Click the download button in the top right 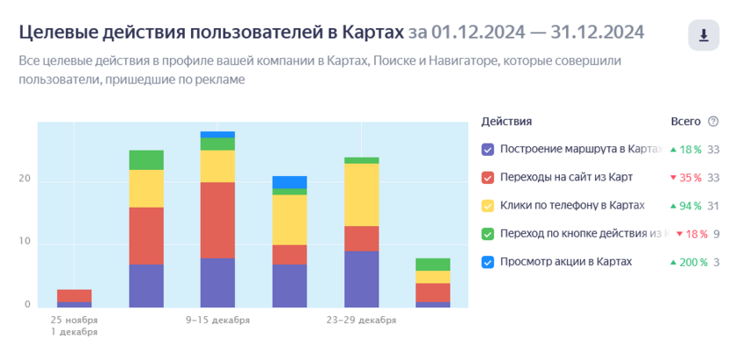pos(704,36)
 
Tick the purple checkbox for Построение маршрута pos(488,149)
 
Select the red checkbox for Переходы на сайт pos(488,177)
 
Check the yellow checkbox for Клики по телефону pos(488,205)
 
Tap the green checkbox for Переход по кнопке pos(488,233)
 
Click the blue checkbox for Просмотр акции pos(488,261)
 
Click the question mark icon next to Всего pos(713,122)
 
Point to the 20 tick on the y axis pos(25,180)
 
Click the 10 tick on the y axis pos(25,242)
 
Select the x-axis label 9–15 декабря pos(217,320)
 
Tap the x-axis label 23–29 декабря pos(361,320)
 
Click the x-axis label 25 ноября pos(74,320)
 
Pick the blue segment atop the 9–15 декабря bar pos(217,134)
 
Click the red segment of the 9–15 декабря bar pos(217,220)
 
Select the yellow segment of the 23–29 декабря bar pos(361,194)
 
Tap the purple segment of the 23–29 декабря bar pos(361,279)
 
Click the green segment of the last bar pos(433,264)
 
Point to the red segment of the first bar pos(74,295)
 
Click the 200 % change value pos(688,261)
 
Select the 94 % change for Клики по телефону pos(688,205)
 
